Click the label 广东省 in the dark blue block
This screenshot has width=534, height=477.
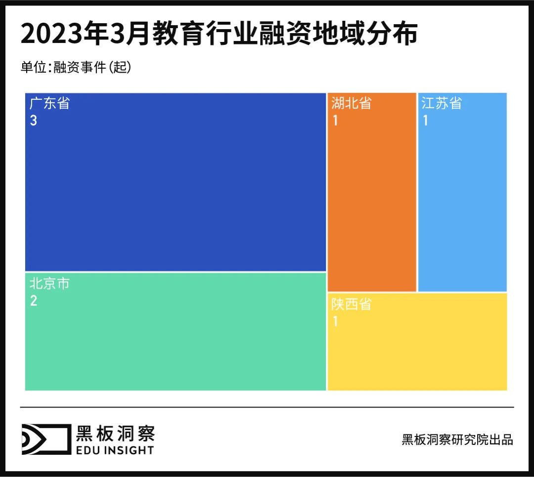tap(49, 104)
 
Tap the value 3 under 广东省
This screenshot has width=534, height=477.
tap(33, 121)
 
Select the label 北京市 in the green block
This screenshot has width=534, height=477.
tap(49, 284)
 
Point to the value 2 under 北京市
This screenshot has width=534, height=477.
tap(33, 301)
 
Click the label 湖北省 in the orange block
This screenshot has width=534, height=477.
tap(351, 104)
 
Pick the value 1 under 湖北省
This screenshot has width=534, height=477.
tap(335, 121)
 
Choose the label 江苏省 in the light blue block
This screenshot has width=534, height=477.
tap(442, 104)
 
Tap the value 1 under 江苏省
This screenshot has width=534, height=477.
tap(425, 121)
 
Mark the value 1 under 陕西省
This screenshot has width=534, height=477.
tap(335, 321)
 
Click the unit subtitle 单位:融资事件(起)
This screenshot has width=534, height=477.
tap(76, 68)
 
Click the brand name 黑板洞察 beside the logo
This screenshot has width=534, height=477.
tap(115, 433)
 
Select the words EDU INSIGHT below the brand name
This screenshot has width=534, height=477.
tap(115, 450)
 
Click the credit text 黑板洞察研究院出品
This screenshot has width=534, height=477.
tap(457, 439)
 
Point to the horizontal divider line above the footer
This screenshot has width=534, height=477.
tap(267, 407)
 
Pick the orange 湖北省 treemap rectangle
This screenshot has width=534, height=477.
tap(372, 208)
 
